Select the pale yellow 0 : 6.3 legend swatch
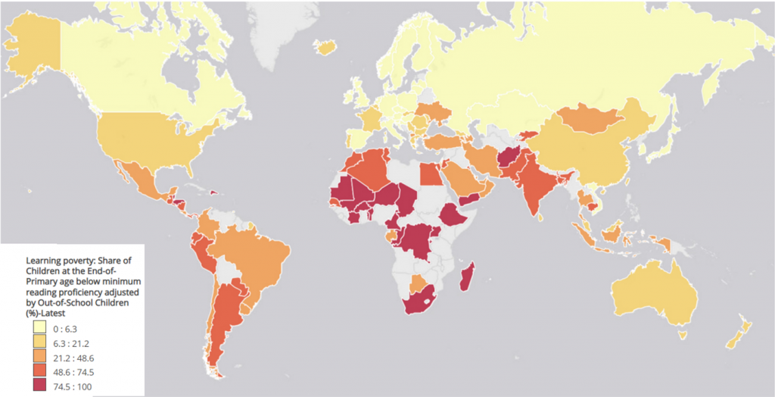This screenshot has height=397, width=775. [x=40, y=328]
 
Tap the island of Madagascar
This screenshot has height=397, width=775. [x=467, y=277]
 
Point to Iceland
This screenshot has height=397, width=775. [x=326, y=48]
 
